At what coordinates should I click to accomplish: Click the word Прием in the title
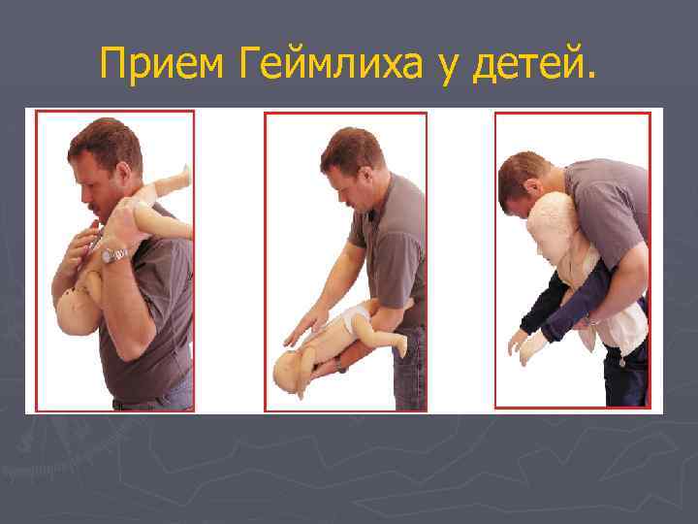click(162, 63)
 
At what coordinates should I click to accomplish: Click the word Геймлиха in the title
click(331, 63)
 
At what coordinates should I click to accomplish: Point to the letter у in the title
click(447, 68)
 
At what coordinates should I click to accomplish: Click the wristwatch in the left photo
click(114, 255)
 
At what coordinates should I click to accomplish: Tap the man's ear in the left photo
click(123, 173)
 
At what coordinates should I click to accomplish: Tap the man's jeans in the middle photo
click(409, 370)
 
